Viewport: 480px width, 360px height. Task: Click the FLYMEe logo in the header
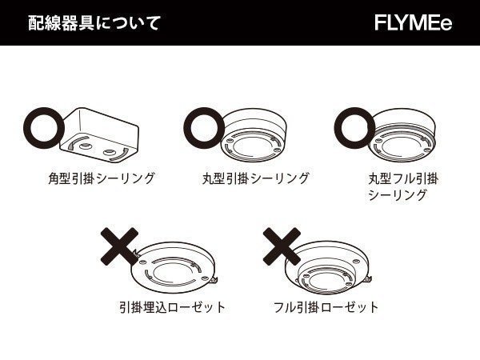(413, 22)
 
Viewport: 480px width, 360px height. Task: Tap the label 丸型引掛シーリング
(255, 178)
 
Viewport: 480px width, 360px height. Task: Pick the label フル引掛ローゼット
(326, 306)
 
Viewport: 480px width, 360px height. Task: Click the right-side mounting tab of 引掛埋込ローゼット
(217, 279)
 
